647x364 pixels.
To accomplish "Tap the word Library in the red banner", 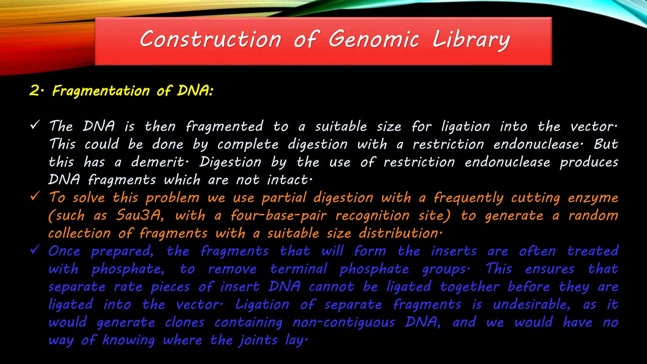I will (x=471, y=40).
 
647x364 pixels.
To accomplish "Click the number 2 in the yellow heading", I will (x=34, y=91).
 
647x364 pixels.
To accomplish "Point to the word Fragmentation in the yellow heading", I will (x=101, y=91).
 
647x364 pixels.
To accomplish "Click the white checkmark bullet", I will (x=35, y=125).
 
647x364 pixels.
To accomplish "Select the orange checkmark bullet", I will (x=35, y=196).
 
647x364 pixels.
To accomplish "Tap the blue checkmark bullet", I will (x=35, y=250).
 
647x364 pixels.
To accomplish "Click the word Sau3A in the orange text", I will (x=139, y=215).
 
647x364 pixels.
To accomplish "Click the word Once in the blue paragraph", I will (x=64, y=251).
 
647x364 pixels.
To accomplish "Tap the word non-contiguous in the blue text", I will (x=343, y=322).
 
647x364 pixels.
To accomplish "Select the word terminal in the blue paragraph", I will (x=299, y=269).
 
